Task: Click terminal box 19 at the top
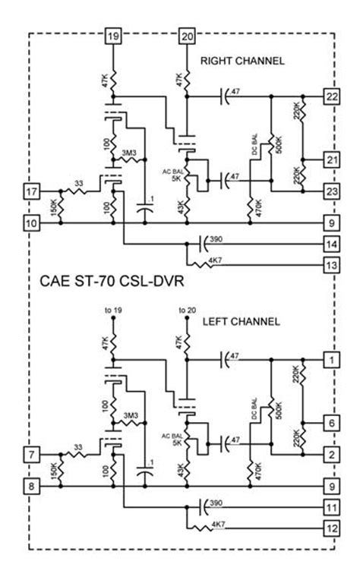113,36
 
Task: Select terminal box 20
187,36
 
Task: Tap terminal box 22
331,96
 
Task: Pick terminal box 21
331,159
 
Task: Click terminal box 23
331,191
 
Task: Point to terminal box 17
31,191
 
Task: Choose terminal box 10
31,223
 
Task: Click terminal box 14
331,244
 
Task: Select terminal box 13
331,265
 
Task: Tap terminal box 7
31,454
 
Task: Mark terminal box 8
31,486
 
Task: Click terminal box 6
331,423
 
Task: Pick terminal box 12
331,528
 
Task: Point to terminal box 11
331,507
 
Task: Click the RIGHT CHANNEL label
242,61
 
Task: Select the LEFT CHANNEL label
241,321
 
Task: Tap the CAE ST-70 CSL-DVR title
112,282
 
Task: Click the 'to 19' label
113,310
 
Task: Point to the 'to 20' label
187,310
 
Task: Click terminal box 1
331,360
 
